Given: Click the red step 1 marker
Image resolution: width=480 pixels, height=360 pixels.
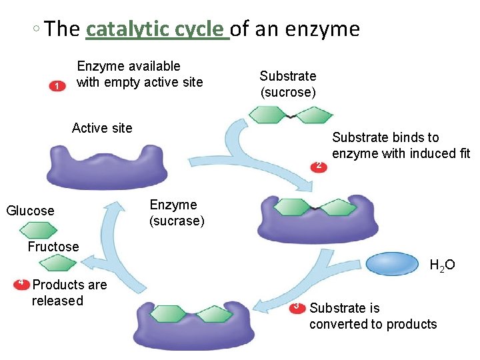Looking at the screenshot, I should (x=57, y=87).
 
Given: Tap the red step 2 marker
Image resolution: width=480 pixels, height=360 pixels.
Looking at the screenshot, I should (x=319, y=165).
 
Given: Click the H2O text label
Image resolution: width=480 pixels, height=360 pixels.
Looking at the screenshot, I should (x=442, y=266).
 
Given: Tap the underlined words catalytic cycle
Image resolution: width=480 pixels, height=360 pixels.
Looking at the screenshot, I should (x=157, y=29).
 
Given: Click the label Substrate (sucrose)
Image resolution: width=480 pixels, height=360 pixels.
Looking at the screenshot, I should (x=288, y=84).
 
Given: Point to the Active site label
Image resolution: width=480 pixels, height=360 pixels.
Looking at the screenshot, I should (x=102, y=128).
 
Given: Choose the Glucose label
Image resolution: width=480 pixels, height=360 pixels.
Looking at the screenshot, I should (x=30, y=211).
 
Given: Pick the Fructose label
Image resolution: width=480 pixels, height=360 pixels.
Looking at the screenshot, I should (x=53, y=247).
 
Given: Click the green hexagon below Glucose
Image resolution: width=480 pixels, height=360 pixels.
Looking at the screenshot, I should (x=38, y=230).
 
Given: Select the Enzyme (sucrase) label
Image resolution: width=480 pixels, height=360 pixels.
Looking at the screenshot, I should (x=177, y=213).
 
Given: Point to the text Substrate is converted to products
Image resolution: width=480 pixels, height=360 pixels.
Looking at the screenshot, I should (x=373, y=316).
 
